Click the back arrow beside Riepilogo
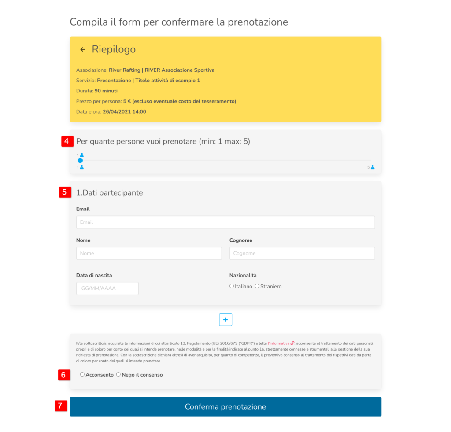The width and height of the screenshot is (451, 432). click(x=82, y=49)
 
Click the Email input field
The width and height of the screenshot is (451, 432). click(x=225, y=222)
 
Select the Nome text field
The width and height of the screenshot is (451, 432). click(x=148, y=253)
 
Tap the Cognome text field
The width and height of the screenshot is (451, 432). click(x=302, y=253)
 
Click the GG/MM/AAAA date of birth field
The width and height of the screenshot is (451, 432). click(x=107, y=288)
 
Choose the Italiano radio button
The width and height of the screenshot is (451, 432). click(x=232, y=286)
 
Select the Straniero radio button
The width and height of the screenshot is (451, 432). click(x=257, y=286)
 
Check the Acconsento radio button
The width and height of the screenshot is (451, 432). click(x=82, y=375)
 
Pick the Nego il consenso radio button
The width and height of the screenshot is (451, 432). click(x=118, y=375)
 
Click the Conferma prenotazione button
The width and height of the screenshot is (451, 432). click(x=225, y=406)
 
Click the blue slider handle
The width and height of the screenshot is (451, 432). click(x=80, y=160)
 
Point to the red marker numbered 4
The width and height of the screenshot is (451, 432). click(x=67, y=141)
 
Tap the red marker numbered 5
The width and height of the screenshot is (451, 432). click(x=65, y=192)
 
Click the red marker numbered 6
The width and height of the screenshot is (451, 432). click(x=63, y=375)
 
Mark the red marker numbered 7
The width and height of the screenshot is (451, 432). click(x=61, y=406)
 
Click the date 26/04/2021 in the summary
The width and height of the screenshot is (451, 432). click(x=115, y=112)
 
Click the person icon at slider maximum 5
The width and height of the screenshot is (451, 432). click(x=373, y=167)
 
